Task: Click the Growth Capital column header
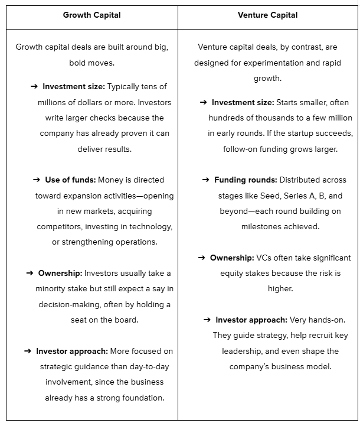(91, 15)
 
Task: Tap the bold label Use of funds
(70, 180)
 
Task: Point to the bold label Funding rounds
(246, 180)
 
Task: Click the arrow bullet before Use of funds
(37, 180)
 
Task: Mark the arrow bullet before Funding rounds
(206, 180)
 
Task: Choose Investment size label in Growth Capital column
(74, 87)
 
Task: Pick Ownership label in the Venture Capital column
(232, 258)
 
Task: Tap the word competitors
(59, 226)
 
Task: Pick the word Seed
(266, 196)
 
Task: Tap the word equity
(232, 273)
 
